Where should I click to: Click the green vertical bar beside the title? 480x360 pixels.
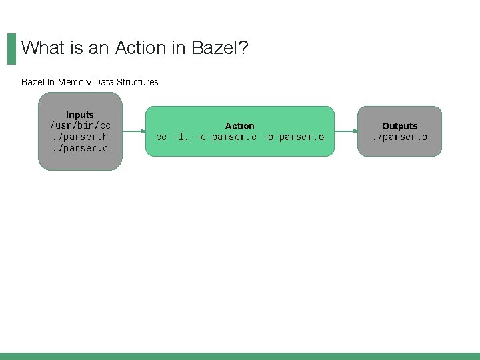(x=11, y=49)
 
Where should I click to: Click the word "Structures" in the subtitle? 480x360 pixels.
(x=137, y=82)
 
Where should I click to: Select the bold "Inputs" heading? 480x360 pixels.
(x=80, y=115)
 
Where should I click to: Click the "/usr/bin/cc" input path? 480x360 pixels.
(x=80, y=125)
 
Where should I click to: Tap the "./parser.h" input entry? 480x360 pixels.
(x=80, y=137)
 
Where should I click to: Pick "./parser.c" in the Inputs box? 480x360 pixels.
(x=80, y=148)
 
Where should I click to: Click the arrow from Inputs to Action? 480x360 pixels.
(x=133, y=131)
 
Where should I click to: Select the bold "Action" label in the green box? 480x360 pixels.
(x=239, y=126)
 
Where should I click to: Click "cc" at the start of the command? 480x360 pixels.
(x=161, y=137)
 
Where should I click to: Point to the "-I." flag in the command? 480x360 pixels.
(x=181, y=137)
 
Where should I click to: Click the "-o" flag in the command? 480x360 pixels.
(x=267, y=137)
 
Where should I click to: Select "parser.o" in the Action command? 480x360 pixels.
(x=301, y=137)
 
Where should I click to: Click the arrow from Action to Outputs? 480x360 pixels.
(x=345, y=131)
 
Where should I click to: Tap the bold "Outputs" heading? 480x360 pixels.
(x=399, y=126)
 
